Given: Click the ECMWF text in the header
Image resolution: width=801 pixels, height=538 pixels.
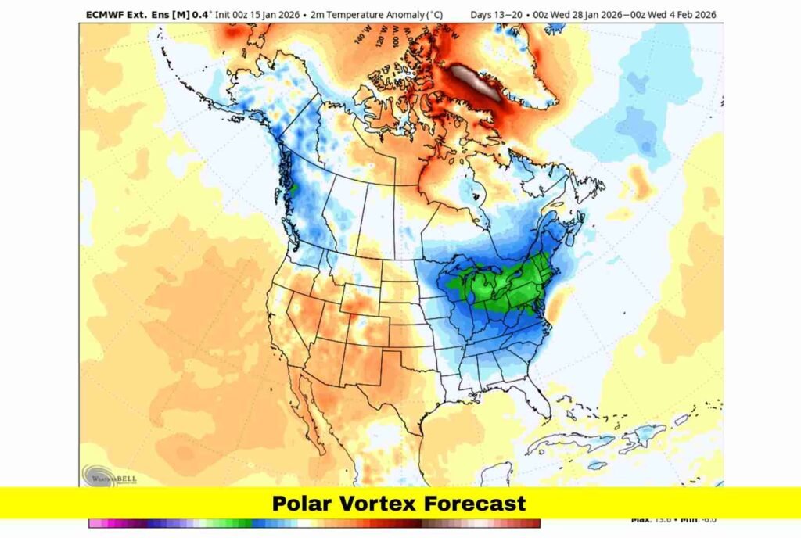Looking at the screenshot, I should [x=105, y=15].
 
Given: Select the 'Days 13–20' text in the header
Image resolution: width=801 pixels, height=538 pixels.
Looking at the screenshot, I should [x=497, y=15].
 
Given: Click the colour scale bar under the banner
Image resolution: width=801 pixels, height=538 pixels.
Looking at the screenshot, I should [x=313, y=523].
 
